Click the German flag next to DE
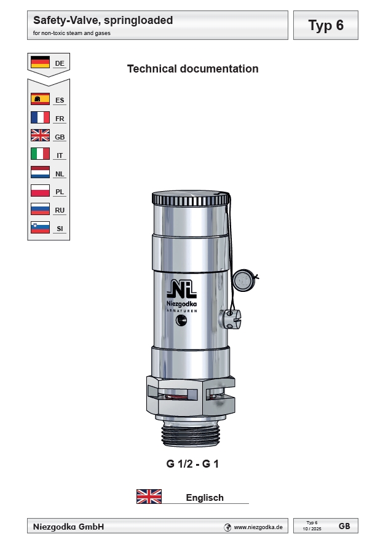click(40, 62)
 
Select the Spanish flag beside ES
click(40, 99)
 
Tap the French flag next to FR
click(40, 117)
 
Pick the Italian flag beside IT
click(40, 154)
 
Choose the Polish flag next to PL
click(40, 191)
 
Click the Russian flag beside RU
click(40, 210)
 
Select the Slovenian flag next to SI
click(40, 228)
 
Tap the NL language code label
click(60, 174)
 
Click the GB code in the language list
click(60, 137)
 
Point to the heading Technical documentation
click(192, 69)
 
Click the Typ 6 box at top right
click(325, 25)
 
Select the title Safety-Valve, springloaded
click(103, 20)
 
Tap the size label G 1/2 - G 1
click(192, 464)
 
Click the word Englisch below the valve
click(205, 498)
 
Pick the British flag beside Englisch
click(149, 497)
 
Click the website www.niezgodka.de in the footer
click(258, 527)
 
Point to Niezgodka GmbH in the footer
click(68, 527)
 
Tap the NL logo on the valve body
click(183, 288)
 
